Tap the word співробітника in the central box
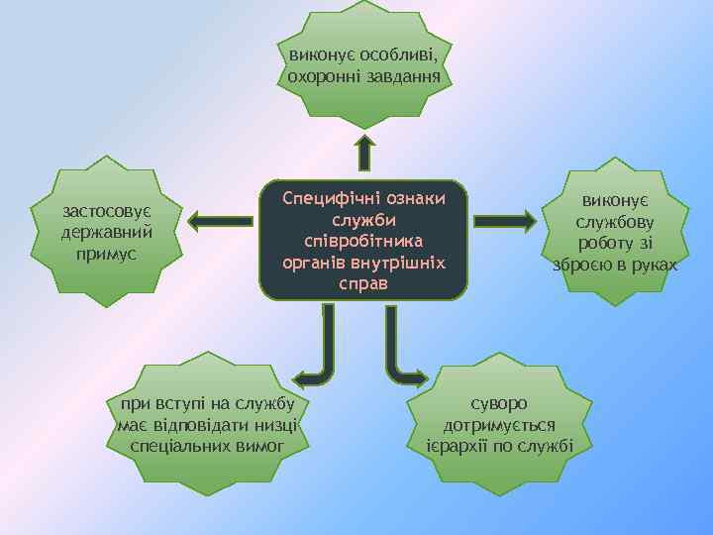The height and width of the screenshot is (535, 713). [x=364, y=242]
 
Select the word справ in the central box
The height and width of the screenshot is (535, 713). [x=363, y=284]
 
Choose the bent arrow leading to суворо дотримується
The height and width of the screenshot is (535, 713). [x=401, y=356]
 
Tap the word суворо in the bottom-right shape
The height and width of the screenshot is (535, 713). [x=499, y=403]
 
